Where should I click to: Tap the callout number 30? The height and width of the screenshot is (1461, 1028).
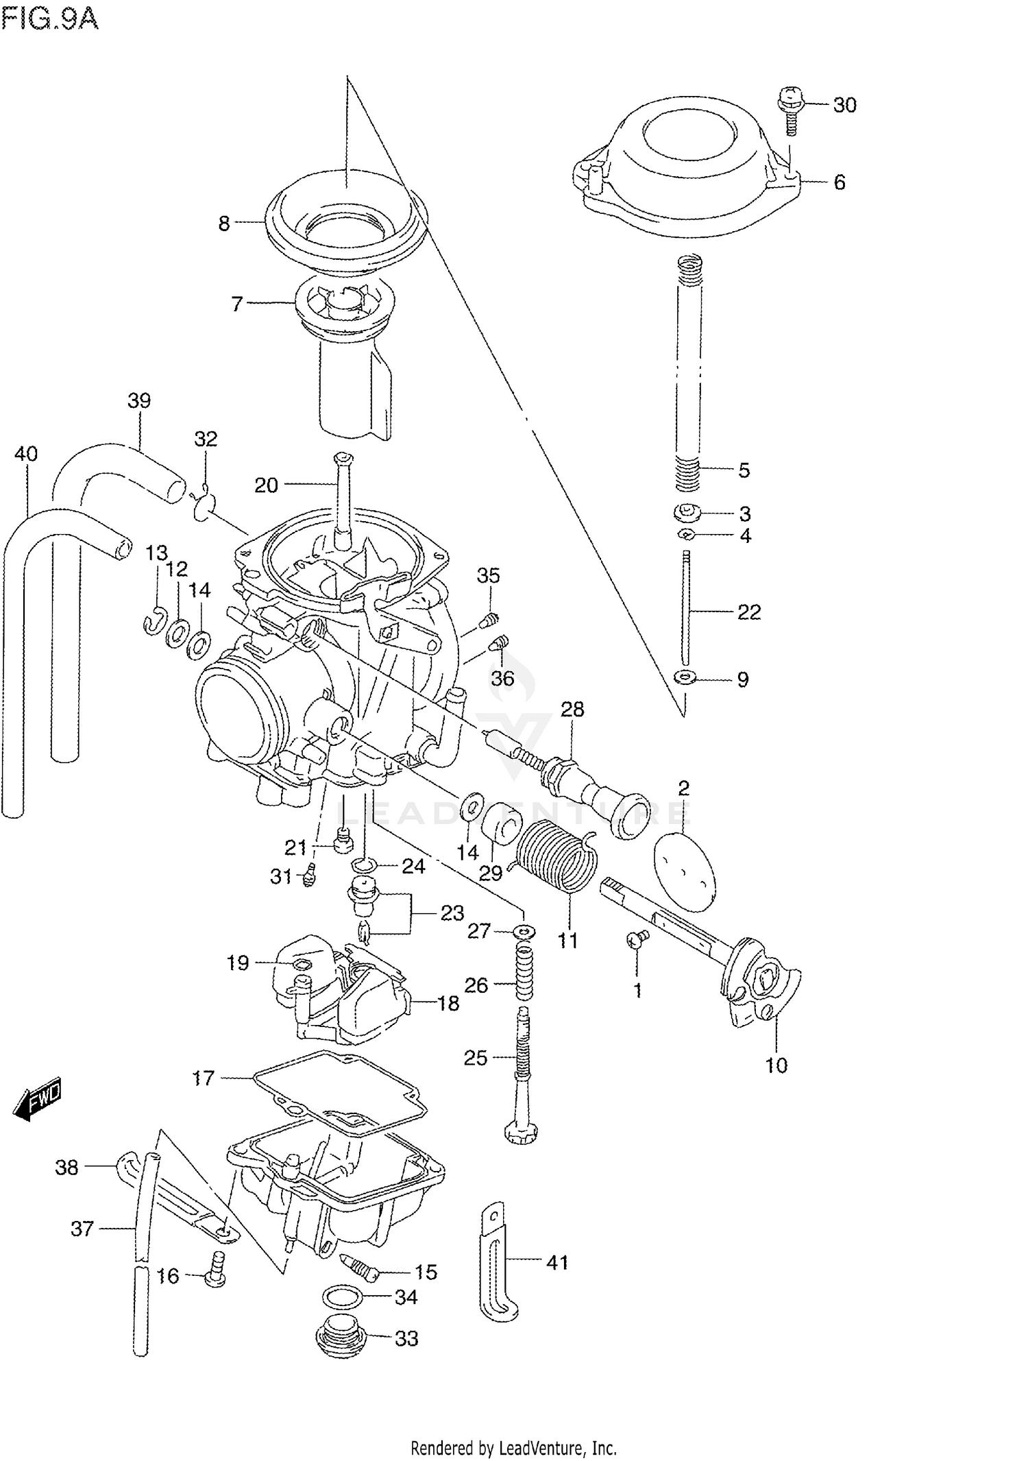844,105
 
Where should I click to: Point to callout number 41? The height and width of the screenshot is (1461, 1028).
557,1262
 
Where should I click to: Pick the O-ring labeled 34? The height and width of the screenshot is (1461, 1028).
342,1297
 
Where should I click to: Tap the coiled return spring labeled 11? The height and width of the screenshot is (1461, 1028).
556,857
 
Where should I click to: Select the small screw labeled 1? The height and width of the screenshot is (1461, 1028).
637,939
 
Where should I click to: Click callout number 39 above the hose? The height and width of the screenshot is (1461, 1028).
139,400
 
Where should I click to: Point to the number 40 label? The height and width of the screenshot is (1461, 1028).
26,454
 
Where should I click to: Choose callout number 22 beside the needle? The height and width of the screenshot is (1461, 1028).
748,612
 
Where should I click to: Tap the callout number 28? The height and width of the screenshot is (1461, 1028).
572,709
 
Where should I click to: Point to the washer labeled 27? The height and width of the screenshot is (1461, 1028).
524,932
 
